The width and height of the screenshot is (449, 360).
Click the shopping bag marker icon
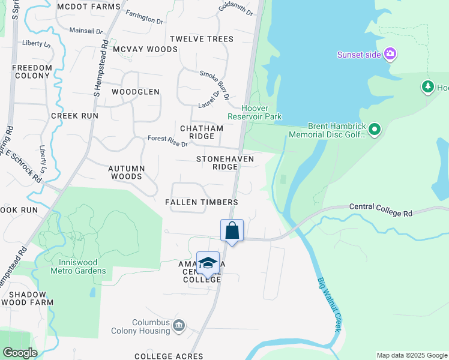pyautogui.click(x=232, y=230)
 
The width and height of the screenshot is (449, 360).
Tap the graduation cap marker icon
pyautogui.click(x=208, y=263)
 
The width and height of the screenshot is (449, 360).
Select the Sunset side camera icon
pyautogui.click(x=391, y=55)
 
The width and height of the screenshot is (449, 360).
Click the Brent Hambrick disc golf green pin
pyautogui.click(x=375, y=130)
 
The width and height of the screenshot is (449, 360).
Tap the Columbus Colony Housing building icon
pyautogui.click(x=178, y=326)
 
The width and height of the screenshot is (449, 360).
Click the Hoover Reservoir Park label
pyautogui.click(x=254, y=112)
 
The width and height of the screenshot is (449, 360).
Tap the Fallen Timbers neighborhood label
pyautogui.click(x=202, y=202)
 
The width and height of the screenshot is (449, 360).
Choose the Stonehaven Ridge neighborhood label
pyautogui.click(x=225, y=163)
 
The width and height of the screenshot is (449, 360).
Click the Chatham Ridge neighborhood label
pyautogui.click(x=202, y=132)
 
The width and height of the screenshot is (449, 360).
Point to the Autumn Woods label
pyautogui.click(x=126, y=173)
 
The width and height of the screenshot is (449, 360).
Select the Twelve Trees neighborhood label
pyautogui.click(x=202, y=39)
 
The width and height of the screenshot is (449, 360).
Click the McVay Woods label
pyautogui.click(x=145, y=49)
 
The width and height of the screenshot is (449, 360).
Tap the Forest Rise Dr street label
pyautogui.click(x=168, y=142)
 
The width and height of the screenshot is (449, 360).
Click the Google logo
pyautogui.click(x=20, y=353)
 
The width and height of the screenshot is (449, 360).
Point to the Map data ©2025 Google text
pyautogui.click(x=411, y=355)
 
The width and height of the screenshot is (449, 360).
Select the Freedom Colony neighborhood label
pyautogui.click(x=32, y=72)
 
